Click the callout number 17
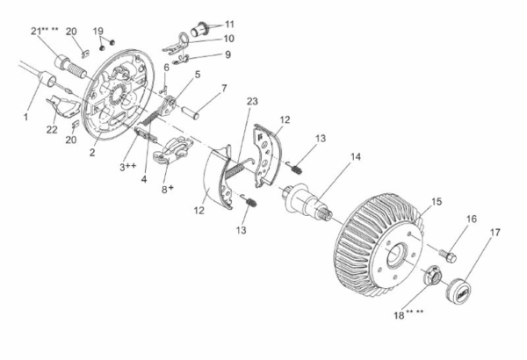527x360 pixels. coord(495,233)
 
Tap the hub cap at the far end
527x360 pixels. coord(458,290)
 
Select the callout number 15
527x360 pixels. coord(437,202)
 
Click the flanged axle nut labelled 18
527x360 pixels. coord(432,274)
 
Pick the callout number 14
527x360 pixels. coord(356,156)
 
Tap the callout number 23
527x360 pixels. coord(252,101)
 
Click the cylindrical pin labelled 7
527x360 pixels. coord(191,113)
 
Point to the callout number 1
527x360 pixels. coord(25,117)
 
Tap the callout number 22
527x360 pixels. coord(52,129)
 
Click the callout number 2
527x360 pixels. coord(92,152)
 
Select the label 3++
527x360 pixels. coord(128,166)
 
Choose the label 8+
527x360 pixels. coord(168,189)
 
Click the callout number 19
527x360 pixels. coord(97,32)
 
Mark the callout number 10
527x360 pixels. coord(228,39)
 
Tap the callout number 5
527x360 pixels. coord(198,75)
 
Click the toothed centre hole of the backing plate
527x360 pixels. coord(117,94)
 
